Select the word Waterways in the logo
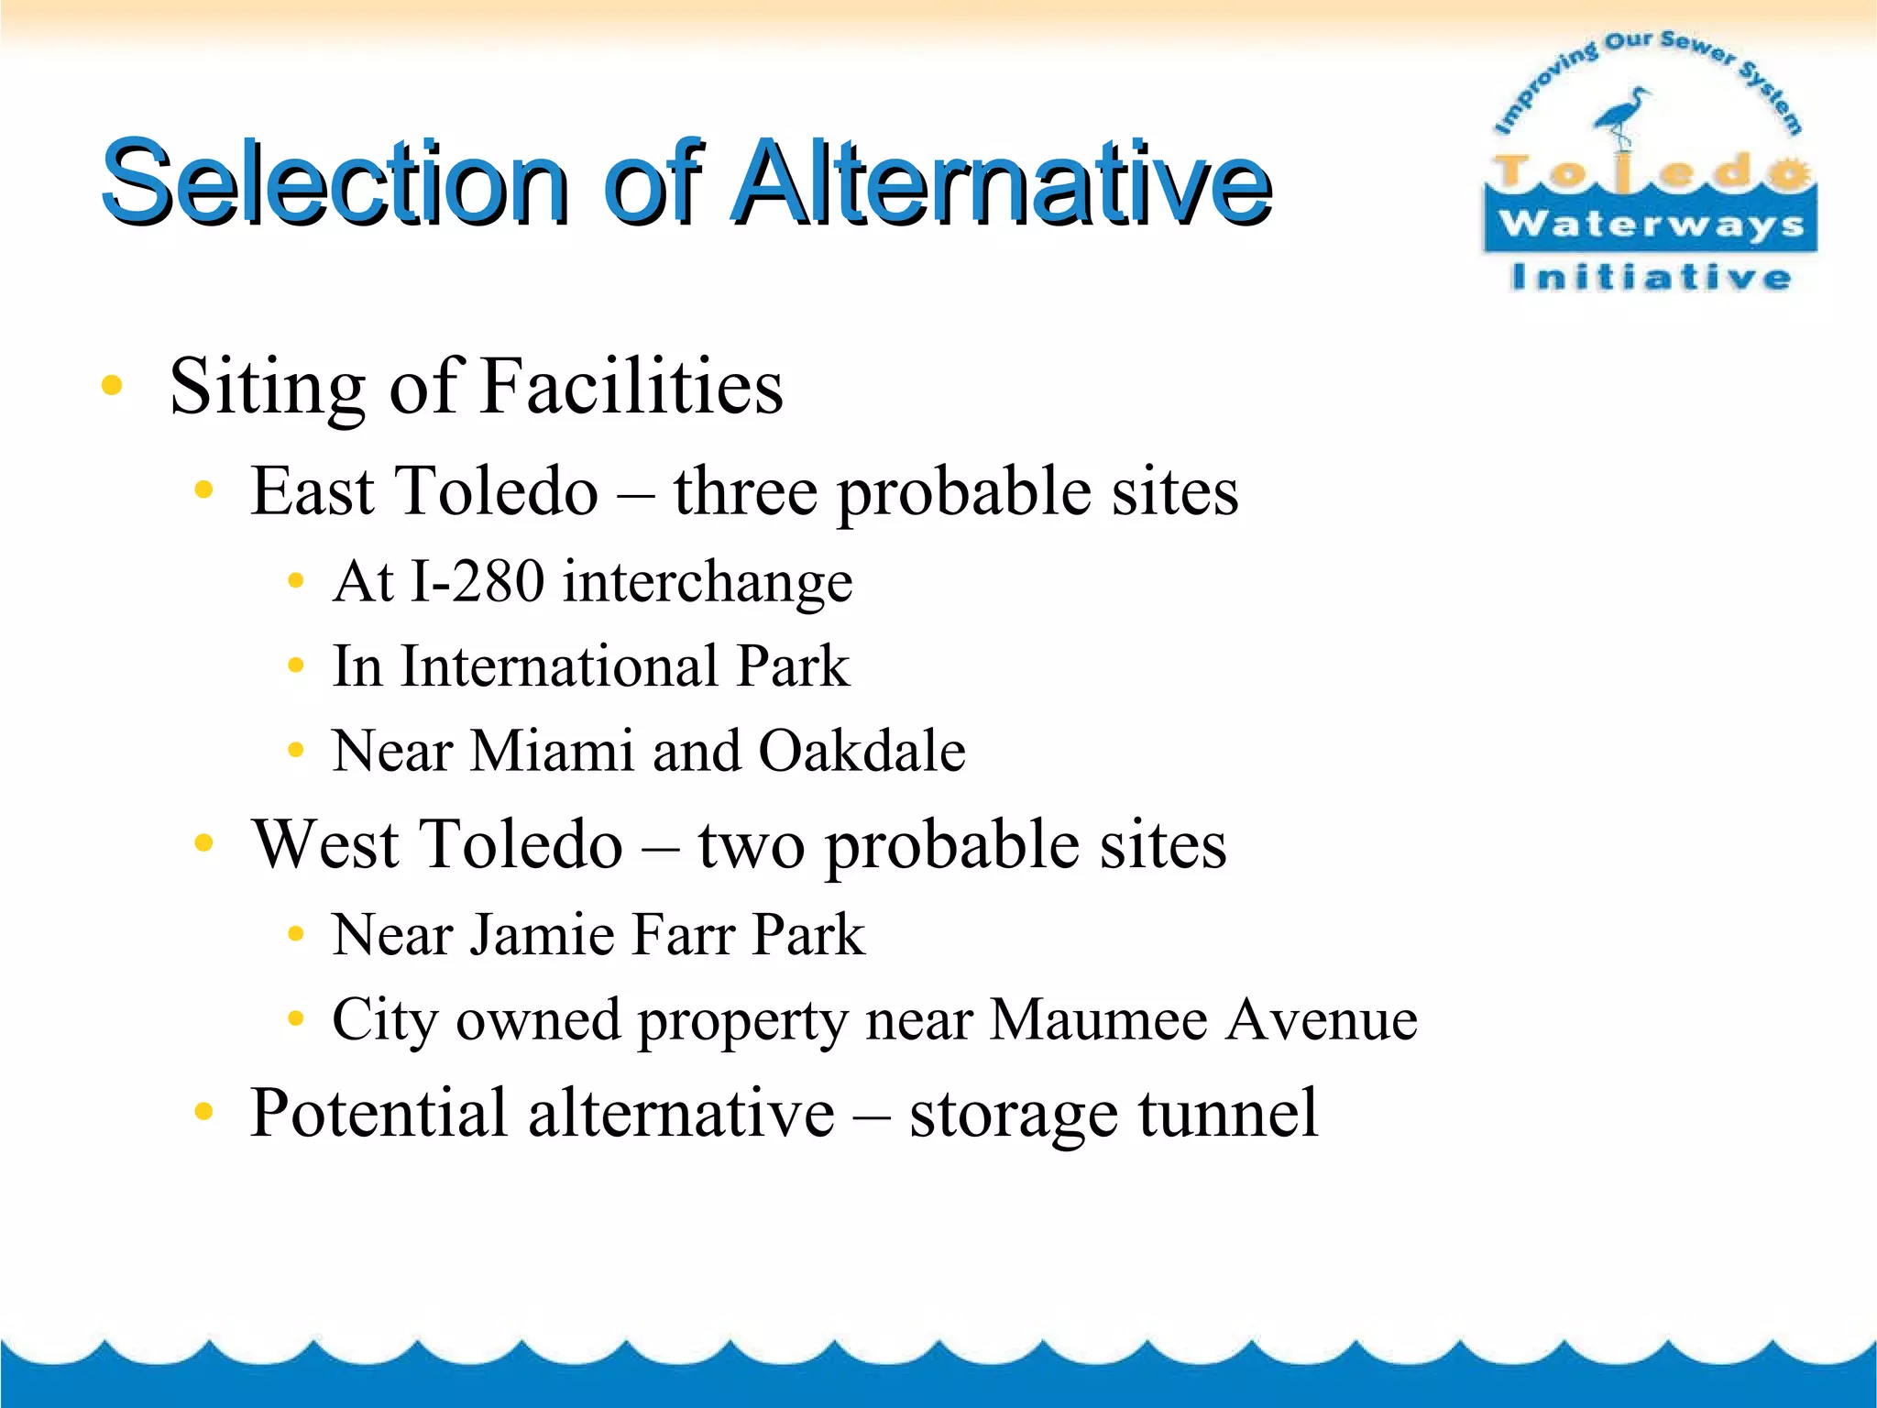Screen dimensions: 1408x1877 pos(1651,224)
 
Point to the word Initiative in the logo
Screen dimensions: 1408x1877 pos(1650,277)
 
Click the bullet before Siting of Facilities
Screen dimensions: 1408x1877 pos(112,385)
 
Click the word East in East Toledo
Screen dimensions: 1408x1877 pos(313,491)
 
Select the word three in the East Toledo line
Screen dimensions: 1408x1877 pos(744,491)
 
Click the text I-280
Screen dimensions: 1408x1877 pos(477,581)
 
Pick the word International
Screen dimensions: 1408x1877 pos(559,665)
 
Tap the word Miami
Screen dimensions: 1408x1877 pos(552,751)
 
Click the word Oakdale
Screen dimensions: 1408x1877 pos(862,751)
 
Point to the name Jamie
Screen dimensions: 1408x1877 pos(542,935)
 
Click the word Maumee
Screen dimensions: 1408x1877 pos(1098,1019)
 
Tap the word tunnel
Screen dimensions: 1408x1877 pos(1228,1113)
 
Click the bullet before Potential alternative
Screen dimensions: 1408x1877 pos(203,1113)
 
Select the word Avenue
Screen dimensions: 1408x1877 pos(1322,1019)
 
